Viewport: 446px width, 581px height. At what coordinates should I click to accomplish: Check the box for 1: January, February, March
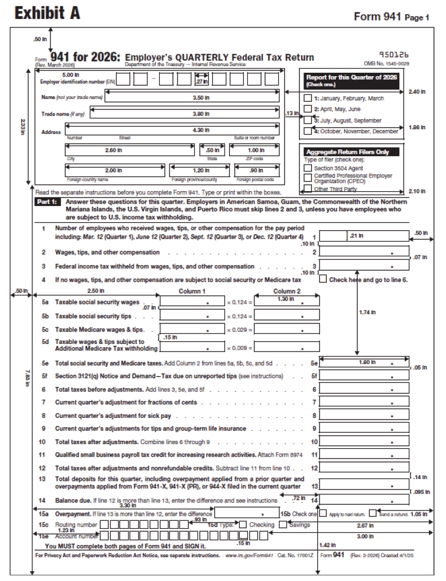point(307,98)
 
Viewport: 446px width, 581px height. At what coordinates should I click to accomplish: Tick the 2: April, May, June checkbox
point(307,109)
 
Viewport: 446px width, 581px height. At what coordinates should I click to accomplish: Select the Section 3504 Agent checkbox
point(307,168)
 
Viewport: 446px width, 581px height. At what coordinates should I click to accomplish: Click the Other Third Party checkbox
point(307,188)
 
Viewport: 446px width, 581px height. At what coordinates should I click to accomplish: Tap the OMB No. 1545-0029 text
point(386,64)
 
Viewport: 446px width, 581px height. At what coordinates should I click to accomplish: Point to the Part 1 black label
point(47,203)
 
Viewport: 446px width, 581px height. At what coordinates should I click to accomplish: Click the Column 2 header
point(286,290)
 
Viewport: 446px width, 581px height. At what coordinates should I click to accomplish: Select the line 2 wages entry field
point(364,252)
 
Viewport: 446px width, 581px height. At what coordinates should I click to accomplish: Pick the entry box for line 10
point(364,442)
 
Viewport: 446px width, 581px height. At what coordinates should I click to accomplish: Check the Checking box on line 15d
point(243,524)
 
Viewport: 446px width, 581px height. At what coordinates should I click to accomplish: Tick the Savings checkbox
point(283,524)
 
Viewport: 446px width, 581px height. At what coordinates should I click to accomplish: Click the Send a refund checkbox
point(372,513)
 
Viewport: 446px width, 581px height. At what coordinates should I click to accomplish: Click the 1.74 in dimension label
point(366,313)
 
